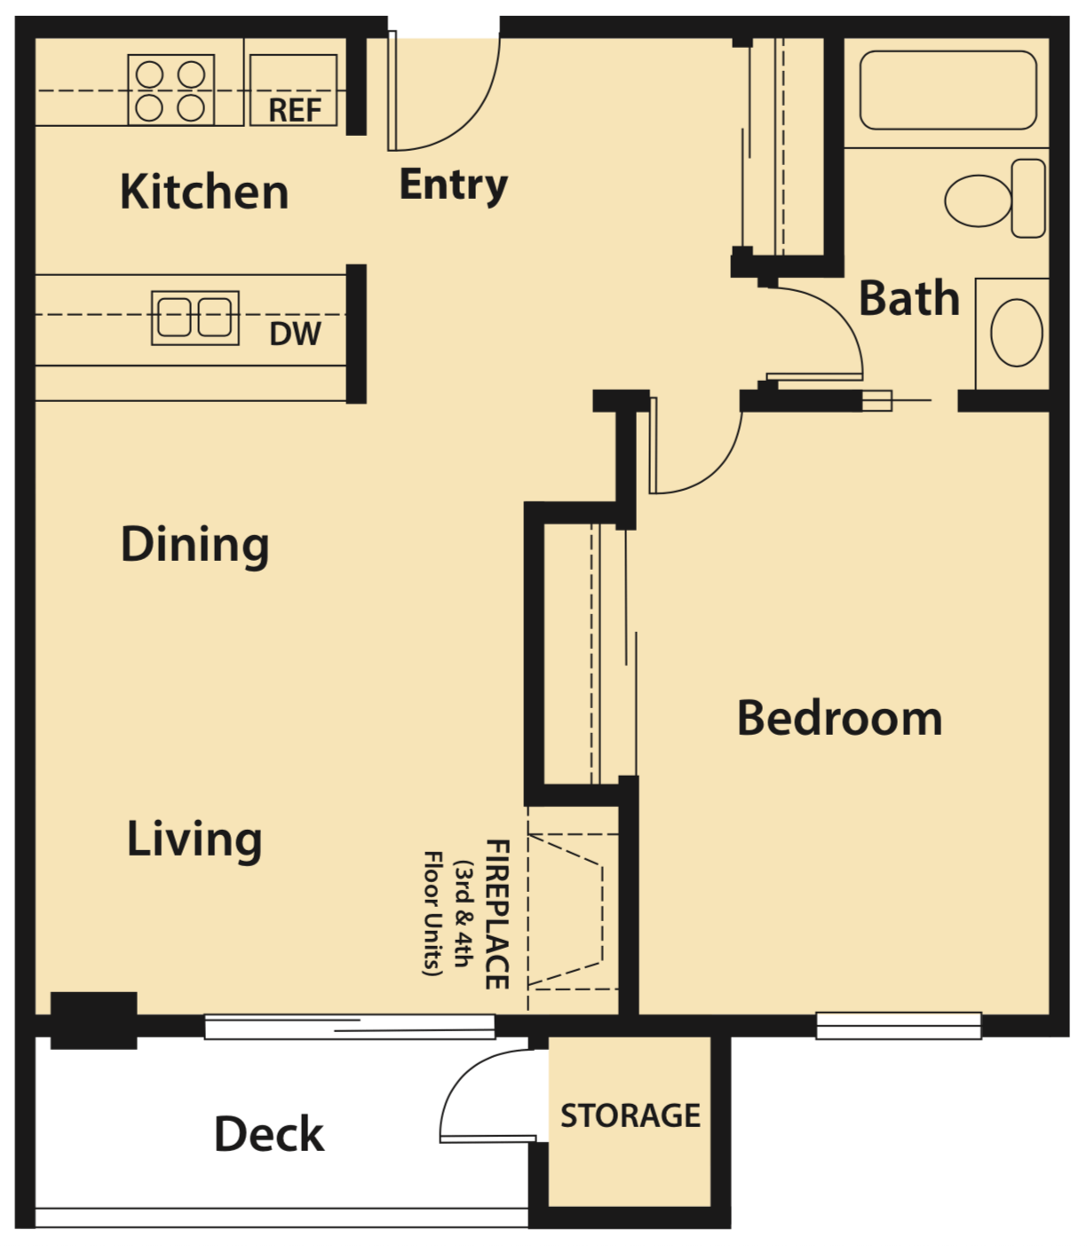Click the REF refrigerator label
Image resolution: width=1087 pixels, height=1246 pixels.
[x=295, y=110]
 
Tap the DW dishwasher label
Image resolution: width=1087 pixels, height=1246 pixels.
[x=295, y=334]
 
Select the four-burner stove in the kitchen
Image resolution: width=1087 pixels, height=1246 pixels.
[x=171, y=90]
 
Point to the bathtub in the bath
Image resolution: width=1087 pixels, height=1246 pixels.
[x=948, y=91]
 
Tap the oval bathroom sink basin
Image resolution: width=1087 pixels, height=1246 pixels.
[x=1016, y=333]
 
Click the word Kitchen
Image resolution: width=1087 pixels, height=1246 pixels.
[x=204, y=192]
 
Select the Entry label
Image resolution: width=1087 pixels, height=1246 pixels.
[x=453, y=185]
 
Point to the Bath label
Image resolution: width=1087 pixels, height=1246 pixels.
[x=909, y=298]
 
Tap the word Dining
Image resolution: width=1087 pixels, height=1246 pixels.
[x=194, y=544]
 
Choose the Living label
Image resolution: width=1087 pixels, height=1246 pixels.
[x=194, y=839]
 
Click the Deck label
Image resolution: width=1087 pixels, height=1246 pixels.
[x=269, y=1134]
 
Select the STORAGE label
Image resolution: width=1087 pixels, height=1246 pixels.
[x=630, y=1116]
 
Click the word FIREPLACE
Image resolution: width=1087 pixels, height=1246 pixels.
[x=497, y=914]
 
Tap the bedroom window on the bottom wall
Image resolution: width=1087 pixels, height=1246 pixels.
[x=899, y=1025]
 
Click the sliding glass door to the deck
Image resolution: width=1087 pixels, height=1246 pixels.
[x=350, y=1027]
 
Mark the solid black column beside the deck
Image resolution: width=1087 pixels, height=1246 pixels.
[x=94, y=1021]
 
